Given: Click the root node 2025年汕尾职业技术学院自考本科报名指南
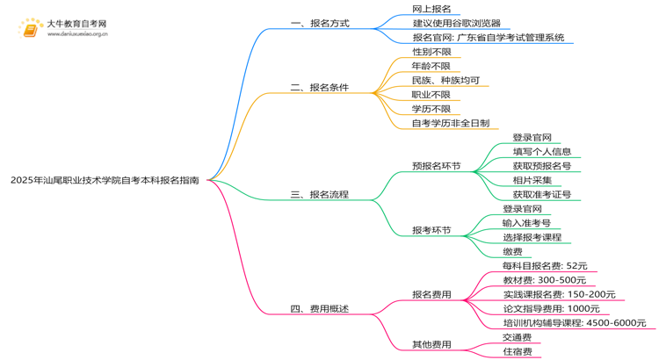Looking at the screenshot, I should point(105,180).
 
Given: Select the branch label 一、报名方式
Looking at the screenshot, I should point(320,24).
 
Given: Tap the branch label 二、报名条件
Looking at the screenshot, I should point(320,88).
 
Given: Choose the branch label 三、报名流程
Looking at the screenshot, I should point(320,194).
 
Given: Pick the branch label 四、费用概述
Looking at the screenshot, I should point(320,308).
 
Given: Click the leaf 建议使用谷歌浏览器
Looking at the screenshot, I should point(456,24).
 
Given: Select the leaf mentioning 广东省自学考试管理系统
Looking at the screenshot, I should point(488,38).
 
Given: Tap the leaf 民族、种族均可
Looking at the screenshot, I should point(445,80).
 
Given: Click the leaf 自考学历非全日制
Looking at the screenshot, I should point(450,123).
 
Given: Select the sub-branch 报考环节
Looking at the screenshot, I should point(431,230).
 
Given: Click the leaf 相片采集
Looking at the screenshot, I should point(532,180).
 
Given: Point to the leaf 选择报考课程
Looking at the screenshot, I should point(532,237).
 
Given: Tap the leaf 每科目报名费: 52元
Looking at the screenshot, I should point(544,265).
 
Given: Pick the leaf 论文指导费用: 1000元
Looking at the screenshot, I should point(551,308).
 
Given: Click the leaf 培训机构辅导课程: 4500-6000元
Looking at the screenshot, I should point(574,322).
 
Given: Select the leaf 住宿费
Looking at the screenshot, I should point(517,351).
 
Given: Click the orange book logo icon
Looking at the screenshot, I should point(31,29).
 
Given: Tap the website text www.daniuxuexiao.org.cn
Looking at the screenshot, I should point(78,34).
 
